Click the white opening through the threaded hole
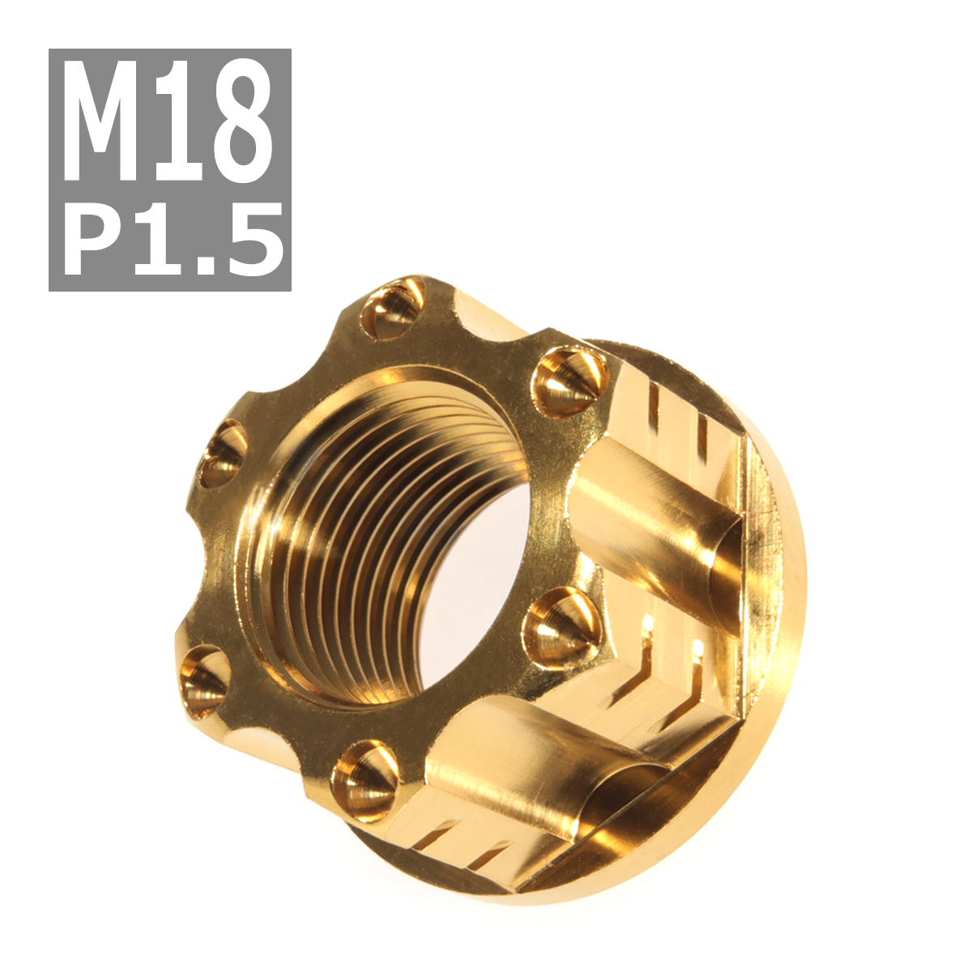478,583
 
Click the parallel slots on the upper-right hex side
680,421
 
